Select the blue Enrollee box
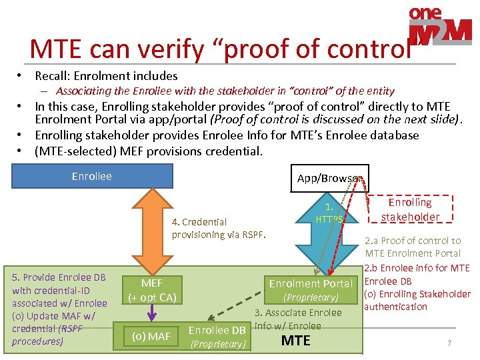(x=92, y=177)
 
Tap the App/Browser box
(x=328, y=179)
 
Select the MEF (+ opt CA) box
(x=151, y=289)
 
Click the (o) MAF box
(x=151, y=336)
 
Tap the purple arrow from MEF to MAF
(x=152, y=313)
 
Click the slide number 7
(x=449, y=343)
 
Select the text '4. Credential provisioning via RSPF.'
(x=218, y=228)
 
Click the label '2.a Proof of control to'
(x=412, y=241)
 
